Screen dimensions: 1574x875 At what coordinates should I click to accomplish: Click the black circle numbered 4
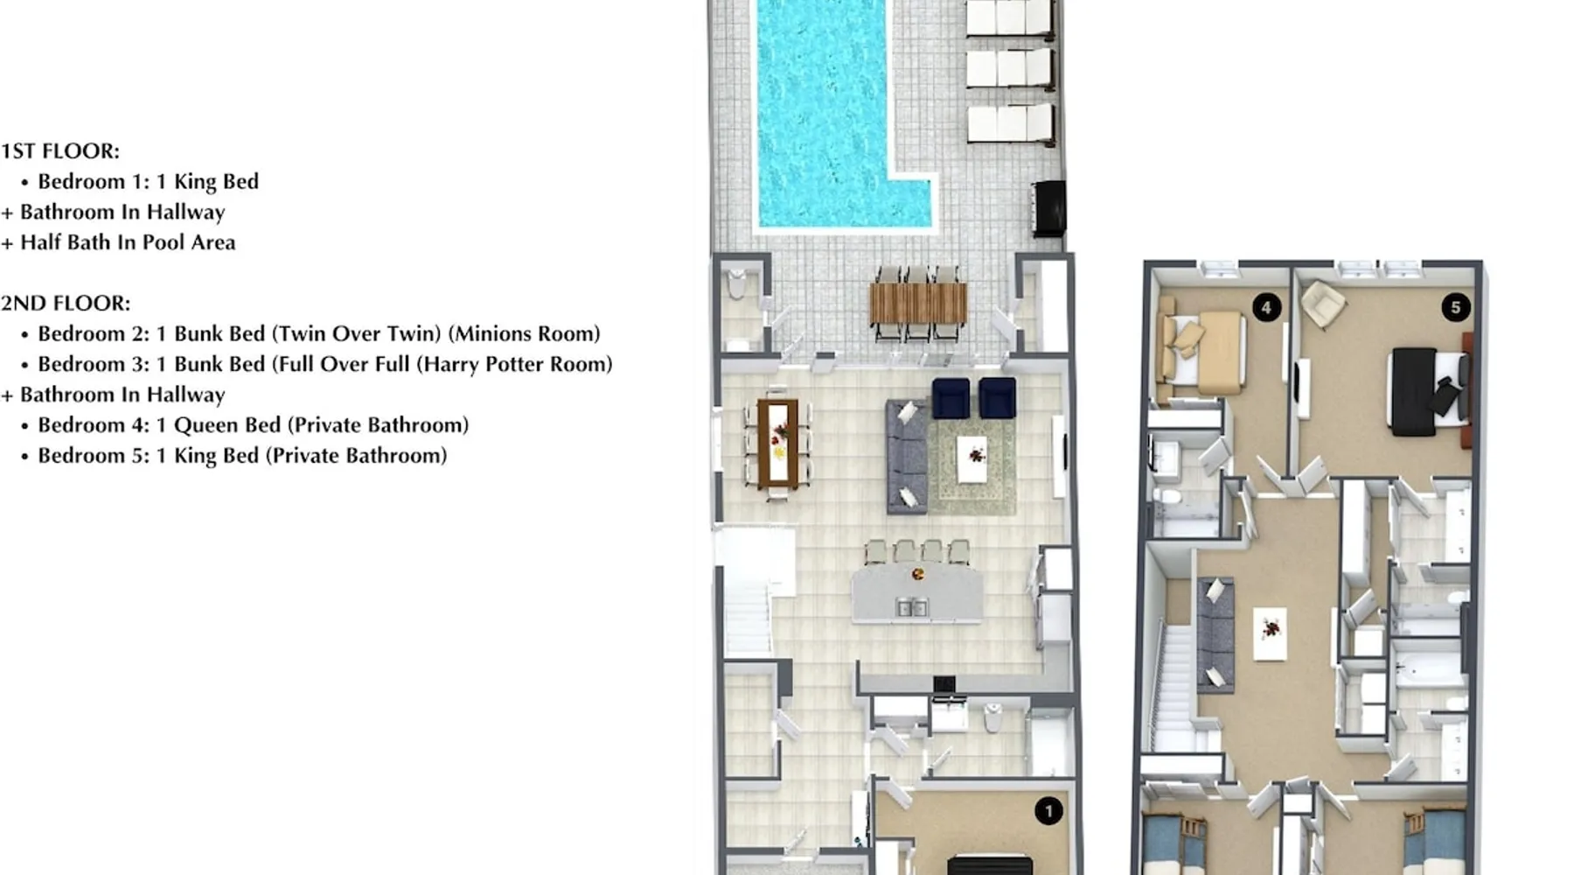(x=1266, y=307)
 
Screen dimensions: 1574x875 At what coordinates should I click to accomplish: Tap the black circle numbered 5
(x=1456, y=307)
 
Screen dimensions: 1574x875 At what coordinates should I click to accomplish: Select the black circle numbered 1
(x=1048, y=811)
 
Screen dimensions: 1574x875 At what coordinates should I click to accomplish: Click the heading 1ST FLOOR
(x=60, y=151)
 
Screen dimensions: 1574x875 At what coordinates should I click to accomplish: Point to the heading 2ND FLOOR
(x=66, y=304)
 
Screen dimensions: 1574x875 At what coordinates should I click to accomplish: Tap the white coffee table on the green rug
(x=973, y=459)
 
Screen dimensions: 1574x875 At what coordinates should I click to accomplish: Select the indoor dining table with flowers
(x=777, y=443)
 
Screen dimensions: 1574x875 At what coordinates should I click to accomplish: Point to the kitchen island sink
(x=912, y=606)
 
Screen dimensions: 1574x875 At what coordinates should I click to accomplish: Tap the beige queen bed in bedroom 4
(x=1201, y=352)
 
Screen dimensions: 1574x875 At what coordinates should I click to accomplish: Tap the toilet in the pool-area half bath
(x=736, y=285)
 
